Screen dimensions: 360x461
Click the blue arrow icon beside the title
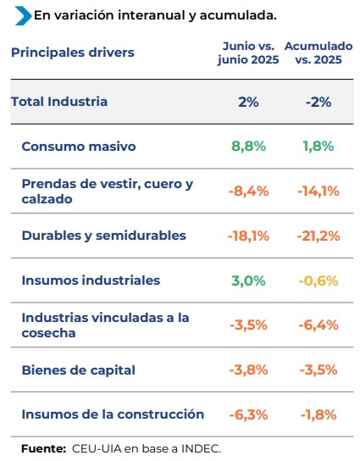click(x=23, y=15)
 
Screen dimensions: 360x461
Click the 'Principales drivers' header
click(x=73, y=53)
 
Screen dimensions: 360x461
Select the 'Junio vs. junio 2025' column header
click(x=248, y=53)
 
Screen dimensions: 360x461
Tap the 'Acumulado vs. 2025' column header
click(x=318, y=53)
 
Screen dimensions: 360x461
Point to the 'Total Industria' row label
click(x=59, y=102)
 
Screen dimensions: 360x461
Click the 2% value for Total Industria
click(x=248, y=102)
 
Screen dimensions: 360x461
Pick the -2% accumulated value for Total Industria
click(x=318, y=102)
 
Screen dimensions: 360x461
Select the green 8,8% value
click(x=249, y=147)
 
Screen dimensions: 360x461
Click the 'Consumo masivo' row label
click(x=79, y=147)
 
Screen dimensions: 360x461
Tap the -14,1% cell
click(x=318, y=192)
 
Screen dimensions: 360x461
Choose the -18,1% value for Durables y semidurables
click(x=249, y=236)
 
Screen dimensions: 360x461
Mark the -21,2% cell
click(x=318, y=236)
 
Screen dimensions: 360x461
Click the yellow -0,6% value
click(x=318, y=280)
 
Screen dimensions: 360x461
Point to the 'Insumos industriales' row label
click(x=91, y=280)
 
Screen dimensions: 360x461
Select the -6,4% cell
click(x=318, y=325)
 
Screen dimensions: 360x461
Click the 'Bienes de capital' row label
click(x=79, y=369)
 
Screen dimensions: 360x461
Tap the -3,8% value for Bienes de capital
click(x=249, y=369)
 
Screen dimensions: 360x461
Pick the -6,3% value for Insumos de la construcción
click(x=249, y=415)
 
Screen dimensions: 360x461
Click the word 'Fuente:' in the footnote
click(x=43, y=449)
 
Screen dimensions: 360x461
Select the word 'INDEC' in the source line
click(x=201, y=449)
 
